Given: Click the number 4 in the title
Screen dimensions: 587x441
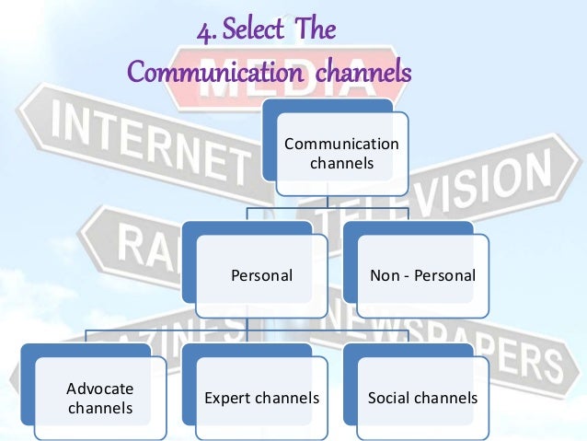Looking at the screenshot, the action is tap(204, 33).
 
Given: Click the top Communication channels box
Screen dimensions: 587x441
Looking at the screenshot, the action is tap(341, 153).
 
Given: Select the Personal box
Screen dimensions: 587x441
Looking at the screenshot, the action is tap(262, 275).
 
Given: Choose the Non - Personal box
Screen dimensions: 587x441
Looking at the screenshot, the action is tap(422, 275).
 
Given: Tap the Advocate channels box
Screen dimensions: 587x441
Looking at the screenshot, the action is tap(100, 398).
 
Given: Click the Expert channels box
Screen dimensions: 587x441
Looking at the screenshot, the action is tap(261, 398).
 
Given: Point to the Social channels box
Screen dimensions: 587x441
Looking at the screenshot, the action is tap(422, 398).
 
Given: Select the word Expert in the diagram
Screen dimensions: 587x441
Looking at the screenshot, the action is tap(223, 399).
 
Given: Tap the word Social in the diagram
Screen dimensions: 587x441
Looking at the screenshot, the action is tap(386, 399).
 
